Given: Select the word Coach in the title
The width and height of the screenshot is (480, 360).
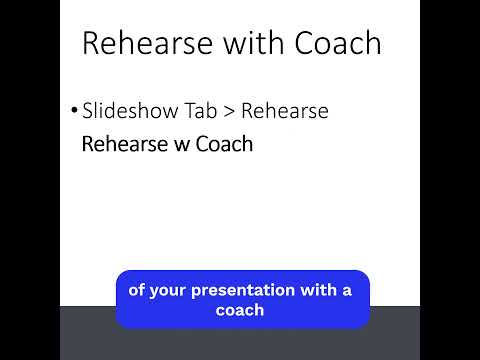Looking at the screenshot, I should [x=338, y=43].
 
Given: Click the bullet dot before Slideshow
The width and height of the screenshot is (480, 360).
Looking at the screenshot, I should [x=74, y=111].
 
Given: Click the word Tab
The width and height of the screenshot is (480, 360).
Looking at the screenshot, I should [x=202, y=111].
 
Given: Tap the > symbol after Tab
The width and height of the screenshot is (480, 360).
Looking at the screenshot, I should [x=231, y=112].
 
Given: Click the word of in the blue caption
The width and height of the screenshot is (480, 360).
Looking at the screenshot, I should [x=137, y=290].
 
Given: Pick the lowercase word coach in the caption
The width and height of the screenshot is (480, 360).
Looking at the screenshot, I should [x=240, y=310].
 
